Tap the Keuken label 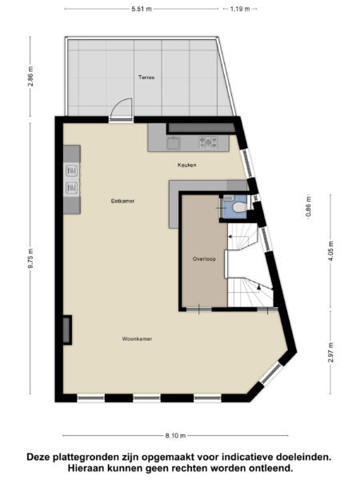click(187, 165)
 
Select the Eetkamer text click(122, 201)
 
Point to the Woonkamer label click(137, 338)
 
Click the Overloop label click(204, 259)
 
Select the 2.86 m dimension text click(30, 77)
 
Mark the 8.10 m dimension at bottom click(176, 436)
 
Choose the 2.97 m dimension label click(330, 352)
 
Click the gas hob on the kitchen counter click(210, 143)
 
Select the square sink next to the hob click(174, 144)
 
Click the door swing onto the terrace click(122, 109)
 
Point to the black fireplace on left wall click(67, 328)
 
